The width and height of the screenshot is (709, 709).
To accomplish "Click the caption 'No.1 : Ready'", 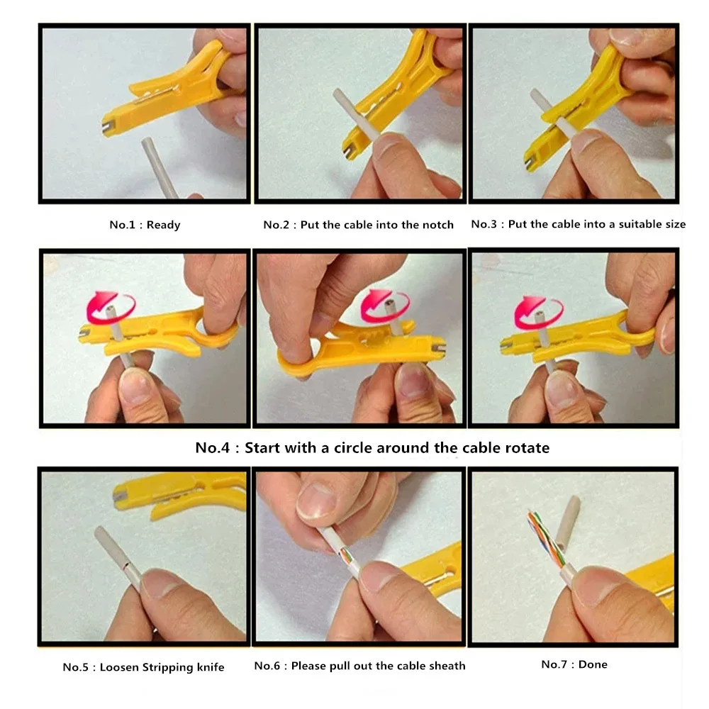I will tap(145, 225).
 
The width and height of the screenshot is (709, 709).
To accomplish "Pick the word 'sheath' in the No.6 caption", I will tap(447, 666).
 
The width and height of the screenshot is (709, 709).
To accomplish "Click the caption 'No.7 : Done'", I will tap(574, 664).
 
